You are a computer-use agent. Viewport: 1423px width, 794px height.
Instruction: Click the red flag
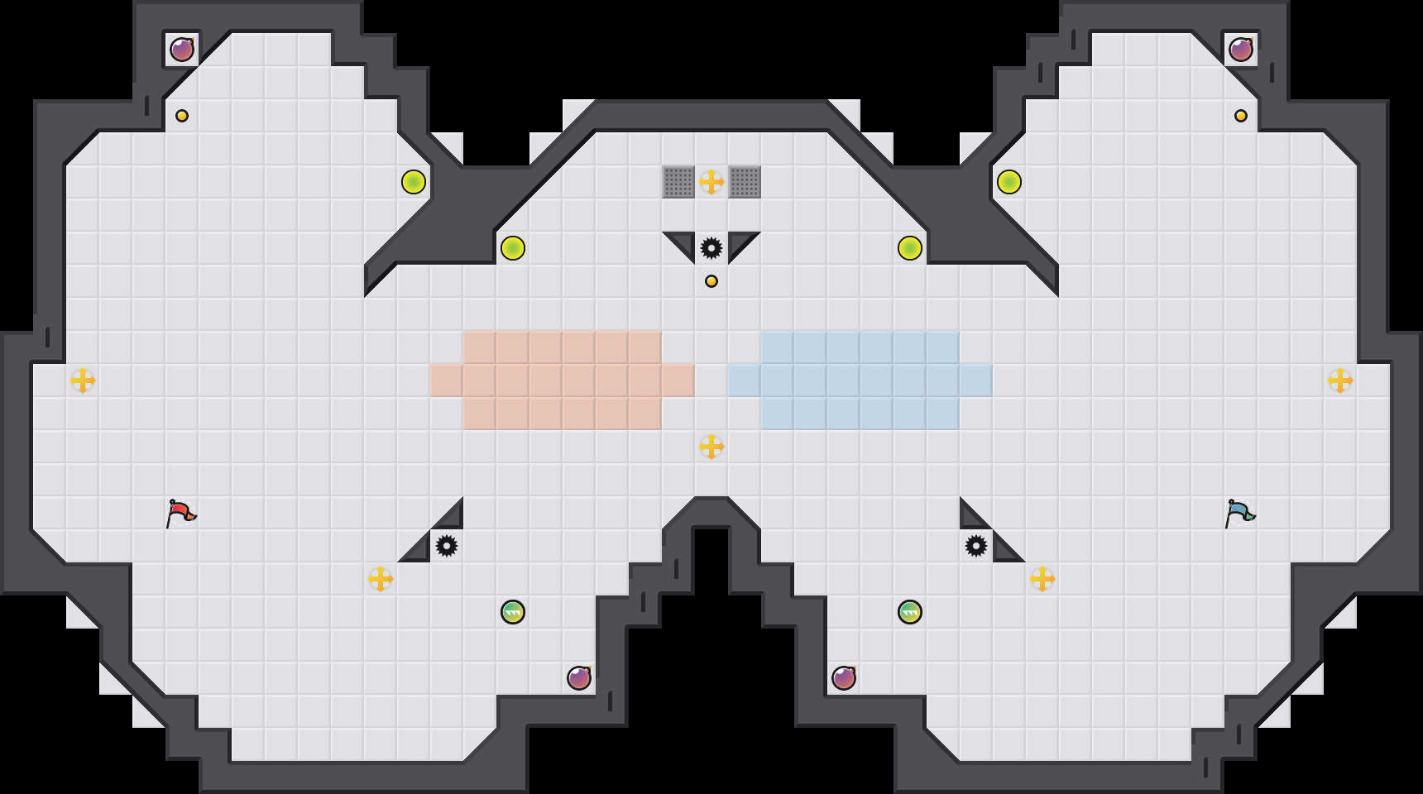180,513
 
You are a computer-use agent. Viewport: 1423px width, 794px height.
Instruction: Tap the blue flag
1239,513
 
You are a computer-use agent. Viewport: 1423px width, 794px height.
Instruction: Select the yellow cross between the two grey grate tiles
711,182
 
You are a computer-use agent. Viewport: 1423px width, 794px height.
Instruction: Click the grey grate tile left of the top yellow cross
678,182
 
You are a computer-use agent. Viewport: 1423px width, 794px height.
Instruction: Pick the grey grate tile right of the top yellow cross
745,182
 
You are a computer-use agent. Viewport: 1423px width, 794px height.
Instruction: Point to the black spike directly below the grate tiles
711,248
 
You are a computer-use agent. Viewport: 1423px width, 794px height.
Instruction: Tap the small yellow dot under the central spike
711,281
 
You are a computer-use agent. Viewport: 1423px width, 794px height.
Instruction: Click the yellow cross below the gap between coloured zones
711,447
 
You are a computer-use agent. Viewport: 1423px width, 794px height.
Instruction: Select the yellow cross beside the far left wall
83,380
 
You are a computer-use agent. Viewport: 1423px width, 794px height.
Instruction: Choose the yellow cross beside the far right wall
1340,380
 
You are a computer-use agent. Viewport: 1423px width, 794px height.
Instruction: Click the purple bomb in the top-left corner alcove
182,50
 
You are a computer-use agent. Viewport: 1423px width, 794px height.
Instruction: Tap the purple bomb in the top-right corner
1241,50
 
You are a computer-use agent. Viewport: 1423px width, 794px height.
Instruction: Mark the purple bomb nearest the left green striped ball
579,678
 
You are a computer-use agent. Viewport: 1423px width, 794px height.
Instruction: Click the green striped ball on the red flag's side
513,612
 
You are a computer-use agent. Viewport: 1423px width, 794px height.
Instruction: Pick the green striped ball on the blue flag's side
910,612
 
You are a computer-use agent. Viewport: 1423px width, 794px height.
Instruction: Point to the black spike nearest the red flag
447,546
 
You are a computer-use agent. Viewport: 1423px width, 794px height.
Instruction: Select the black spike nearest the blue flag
976,546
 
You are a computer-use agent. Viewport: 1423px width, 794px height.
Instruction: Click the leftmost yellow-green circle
414,182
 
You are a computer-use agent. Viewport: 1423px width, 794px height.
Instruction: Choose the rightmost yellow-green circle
1009,182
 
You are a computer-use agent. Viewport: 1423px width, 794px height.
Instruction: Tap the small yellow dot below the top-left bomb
182,116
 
